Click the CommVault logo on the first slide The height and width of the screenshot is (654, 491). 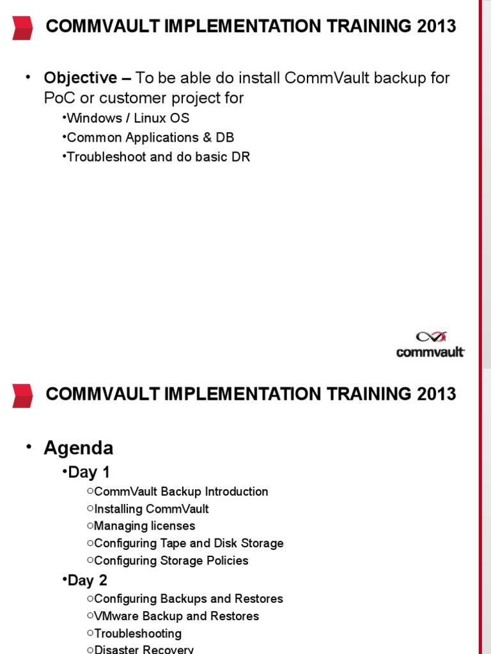click(x=430, y=344)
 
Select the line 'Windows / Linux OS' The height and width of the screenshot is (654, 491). click(x=128, y=118)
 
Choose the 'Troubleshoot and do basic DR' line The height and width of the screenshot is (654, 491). click(x=158, y=156)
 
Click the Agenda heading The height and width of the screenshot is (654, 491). click(x=78, y=448)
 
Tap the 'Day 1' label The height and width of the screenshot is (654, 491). click(x=89, y=473)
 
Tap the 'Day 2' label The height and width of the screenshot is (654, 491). click(x=89, y=581)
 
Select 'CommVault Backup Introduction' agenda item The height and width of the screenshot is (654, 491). click(x=181, y=492)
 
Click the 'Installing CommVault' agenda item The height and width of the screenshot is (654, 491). click(x=152, y=509)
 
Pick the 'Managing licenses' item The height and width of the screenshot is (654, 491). click(x=144, y=526)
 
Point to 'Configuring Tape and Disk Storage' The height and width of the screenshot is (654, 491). click(x=189, y=544)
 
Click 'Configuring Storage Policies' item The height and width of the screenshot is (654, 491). click(x=171, y=561)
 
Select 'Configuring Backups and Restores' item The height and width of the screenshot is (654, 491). click(x=189, y=599)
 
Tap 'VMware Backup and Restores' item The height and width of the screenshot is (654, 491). click(x=176, y=616)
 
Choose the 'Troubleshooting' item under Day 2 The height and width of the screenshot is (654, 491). click(x=137, y=634)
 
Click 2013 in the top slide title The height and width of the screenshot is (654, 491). click(x=436, y=27)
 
